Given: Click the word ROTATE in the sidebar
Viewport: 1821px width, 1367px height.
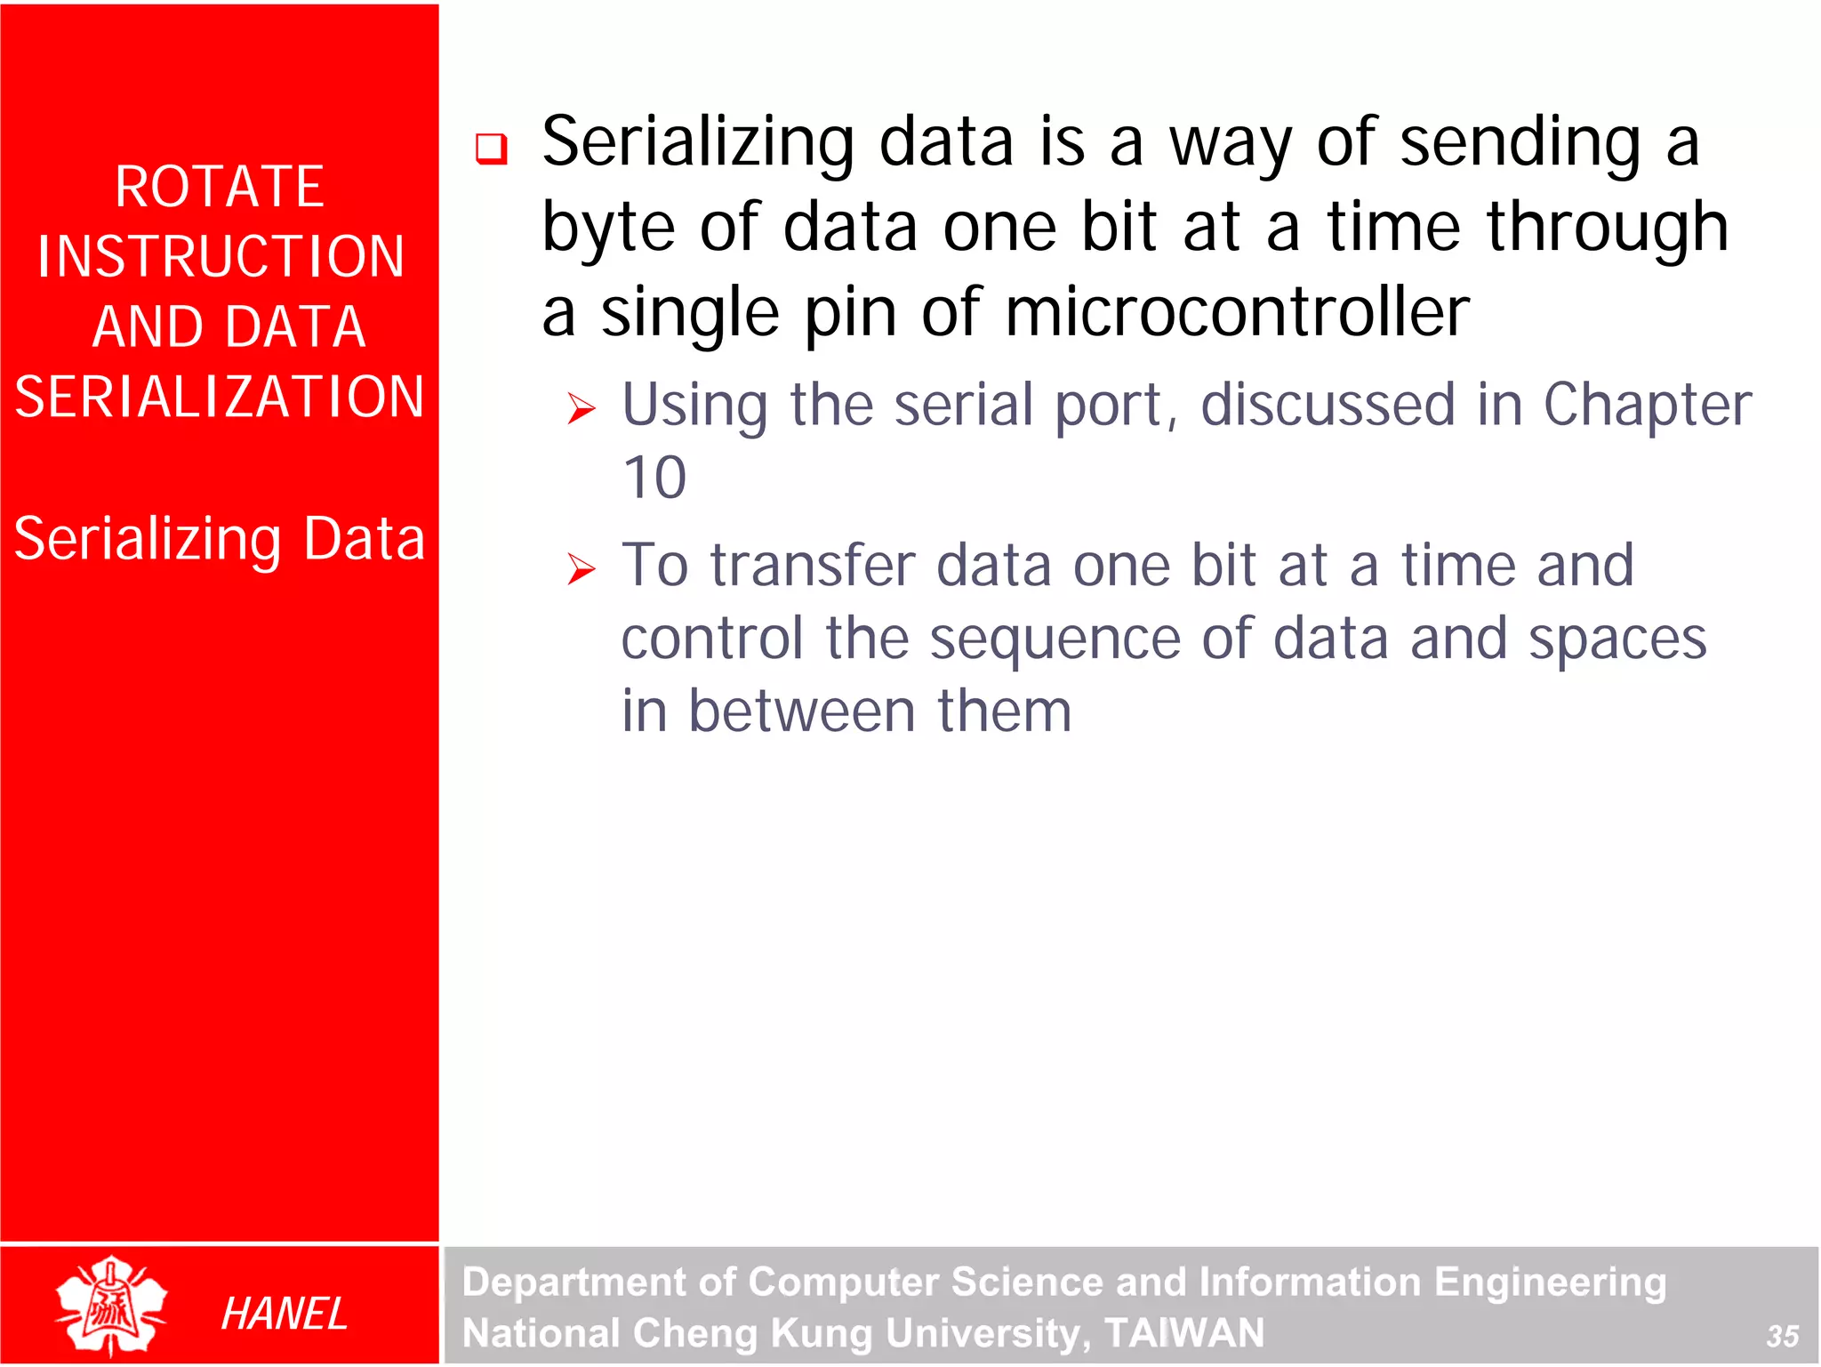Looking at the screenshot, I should tap(219, 188).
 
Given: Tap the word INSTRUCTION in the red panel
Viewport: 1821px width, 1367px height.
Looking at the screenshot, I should tap(221, 257).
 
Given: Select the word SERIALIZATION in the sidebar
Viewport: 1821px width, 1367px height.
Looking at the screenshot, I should tap(220, 397).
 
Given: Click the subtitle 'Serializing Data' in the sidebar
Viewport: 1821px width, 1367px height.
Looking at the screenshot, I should tap(220, 539).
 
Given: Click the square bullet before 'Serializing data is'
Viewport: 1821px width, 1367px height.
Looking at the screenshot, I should tap(491, 149).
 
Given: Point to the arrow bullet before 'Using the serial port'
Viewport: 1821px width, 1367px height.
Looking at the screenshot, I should tap(582, 409).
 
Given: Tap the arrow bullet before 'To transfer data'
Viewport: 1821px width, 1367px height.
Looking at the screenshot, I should tap(582, 569).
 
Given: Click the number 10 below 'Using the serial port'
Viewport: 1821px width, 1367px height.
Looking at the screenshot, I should tap(654, 478).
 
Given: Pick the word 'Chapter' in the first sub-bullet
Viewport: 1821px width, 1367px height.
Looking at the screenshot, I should tap(1647, 406).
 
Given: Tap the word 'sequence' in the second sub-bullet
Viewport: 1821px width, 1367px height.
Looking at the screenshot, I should tap(1055, 639).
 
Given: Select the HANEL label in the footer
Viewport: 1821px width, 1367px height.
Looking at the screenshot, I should tap(284, 1314).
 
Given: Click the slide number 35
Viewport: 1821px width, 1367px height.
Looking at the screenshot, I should tap(1782, 1336).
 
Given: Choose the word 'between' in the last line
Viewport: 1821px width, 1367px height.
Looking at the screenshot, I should tap(802, 712).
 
